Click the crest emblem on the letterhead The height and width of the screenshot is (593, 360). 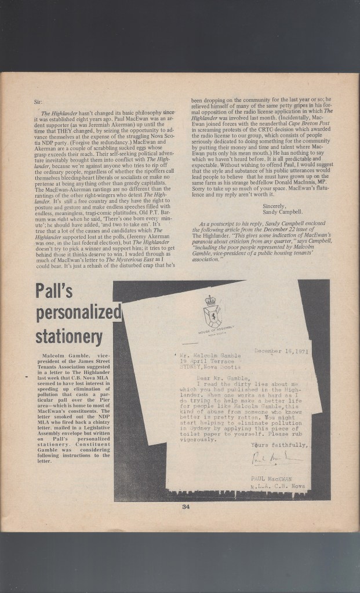pyautogui.click(x=213, y=311)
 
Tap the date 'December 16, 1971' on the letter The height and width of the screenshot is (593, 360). pyautogui.click(x=281, y=351)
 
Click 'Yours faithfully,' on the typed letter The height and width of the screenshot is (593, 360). pyautogui.click(x=279, y=445)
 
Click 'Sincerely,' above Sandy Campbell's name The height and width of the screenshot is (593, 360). pyautogui.click(x=275, y=205)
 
